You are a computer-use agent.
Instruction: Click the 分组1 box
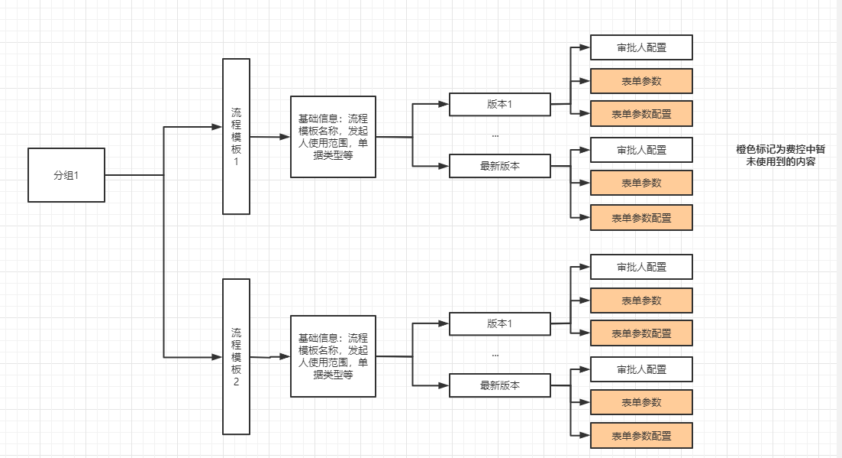[66, 175]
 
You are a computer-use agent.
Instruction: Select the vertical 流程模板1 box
[236, 136]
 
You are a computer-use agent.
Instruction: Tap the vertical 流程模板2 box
[236, 356]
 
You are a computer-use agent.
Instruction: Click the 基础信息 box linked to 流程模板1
[333, 136]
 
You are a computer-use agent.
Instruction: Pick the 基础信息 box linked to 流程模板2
[333, 356]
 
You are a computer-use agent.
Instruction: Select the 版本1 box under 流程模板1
[499, 104]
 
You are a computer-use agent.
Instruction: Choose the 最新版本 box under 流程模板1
[499, 166]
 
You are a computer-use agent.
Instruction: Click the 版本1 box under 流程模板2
[499, 323]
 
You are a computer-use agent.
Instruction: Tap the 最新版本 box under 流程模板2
[499, 385]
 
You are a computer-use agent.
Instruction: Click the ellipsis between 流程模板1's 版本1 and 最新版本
[495, 135]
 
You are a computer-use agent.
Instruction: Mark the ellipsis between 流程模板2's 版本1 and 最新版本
[495, 356]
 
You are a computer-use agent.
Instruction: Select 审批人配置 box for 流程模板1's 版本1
[641, 47]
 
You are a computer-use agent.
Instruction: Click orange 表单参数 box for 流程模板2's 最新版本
[641, 402]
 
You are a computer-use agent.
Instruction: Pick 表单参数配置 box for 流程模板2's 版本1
[641, 333]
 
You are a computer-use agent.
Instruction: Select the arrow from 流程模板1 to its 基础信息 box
[270, 137]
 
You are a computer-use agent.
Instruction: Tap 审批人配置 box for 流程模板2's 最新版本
[641, 369]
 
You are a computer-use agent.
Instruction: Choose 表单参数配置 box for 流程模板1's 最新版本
[641, 218]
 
